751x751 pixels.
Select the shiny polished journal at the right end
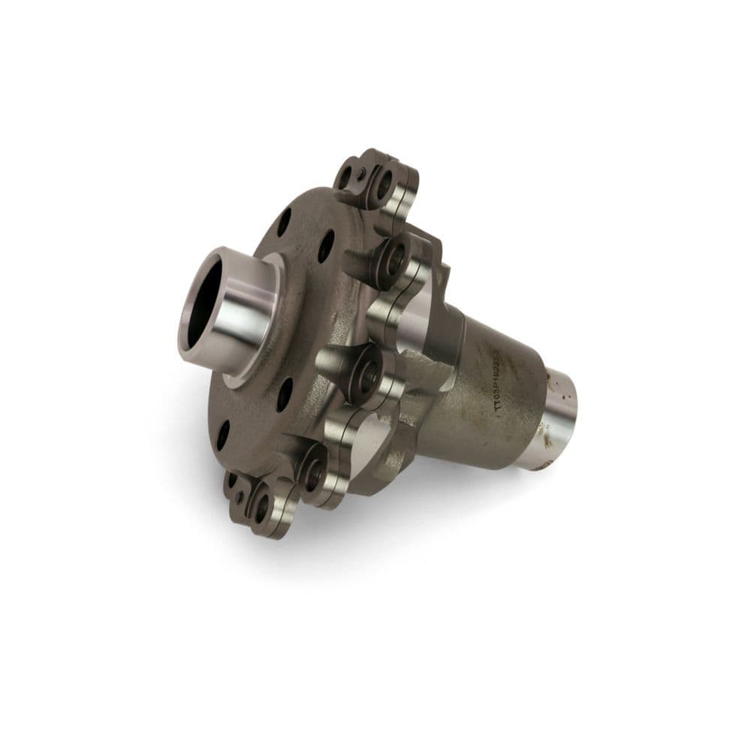point(559,417)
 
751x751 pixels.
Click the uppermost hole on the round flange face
point(284,222)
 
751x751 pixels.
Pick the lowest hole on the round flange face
point(223,435)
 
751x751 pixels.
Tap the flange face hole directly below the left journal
point(284,394)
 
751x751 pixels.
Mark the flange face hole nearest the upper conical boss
point(325,246)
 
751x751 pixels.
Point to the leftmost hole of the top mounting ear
point(345,179)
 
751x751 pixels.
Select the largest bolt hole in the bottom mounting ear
point(261,508)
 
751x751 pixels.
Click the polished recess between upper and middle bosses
point(412,319)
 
